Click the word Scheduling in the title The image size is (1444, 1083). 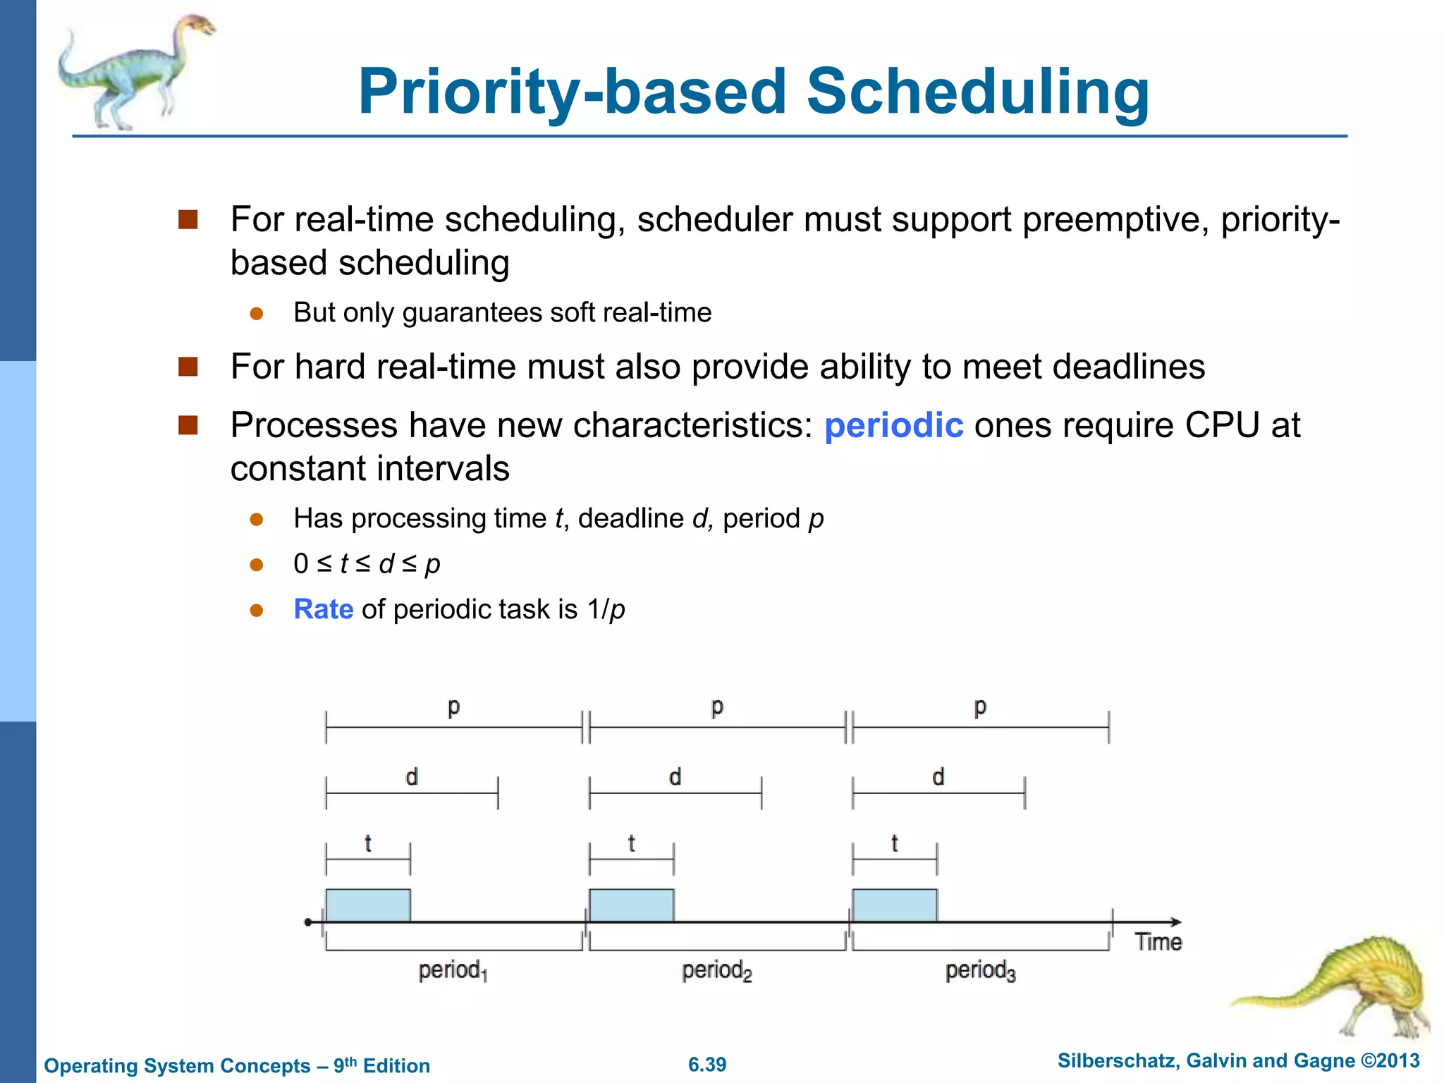point(977,92)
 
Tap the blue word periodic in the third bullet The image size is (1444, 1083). point(893,425)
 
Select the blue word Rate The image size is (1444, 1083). point(323,609)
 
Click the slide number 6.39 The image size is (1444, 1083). point(707,1065)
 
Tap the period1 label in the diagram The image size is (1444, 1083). point(453,971)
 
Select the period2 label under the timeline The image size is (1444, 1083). point(716,971)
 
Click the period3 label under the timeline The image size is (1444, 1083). point(980,971)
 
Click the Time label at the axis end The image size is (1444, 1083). point(1158,942)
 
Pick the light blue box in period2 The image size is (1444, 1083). point(631,905)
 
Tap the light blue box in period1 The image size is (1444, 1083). point(367,905)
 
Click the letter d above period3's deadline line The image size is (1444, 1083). point(938,777)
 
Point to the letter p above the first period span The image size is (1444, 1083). point(453,706)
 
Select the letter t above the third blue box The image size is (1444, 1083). point(894,843)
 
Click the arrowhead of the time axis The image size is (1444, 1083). point(1175,922)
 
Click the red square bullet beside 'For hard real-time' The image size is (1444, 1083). point(188,367)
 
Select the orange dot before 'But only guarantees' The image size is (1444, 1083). point(257,314)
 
